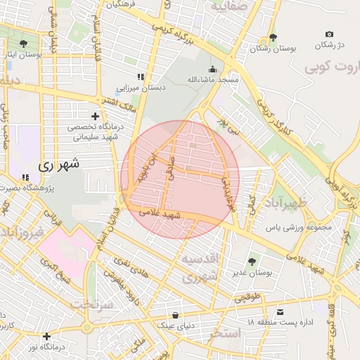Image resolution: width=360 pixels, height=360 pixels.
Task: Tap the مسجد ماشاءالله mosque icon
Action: [213, 70]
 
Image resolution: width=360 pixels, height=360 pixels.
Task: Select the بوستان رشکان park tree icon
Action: [273, 38]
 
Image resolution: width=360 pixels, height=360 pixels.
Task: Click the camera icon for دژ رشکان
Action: [329, 34]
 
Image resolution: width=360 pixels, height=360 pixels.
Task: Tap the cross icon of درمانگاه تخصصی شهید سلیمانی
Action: [95, 116]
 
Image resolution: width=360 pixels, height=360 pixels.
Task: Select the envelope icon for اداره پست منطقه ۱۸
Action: [281, 311]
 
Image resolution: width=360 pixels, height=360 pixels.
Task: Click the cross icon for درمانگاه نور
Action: [46, 337]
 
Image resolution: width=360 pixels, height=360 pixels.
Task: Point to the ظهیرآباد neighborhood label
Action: [302, 204]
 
